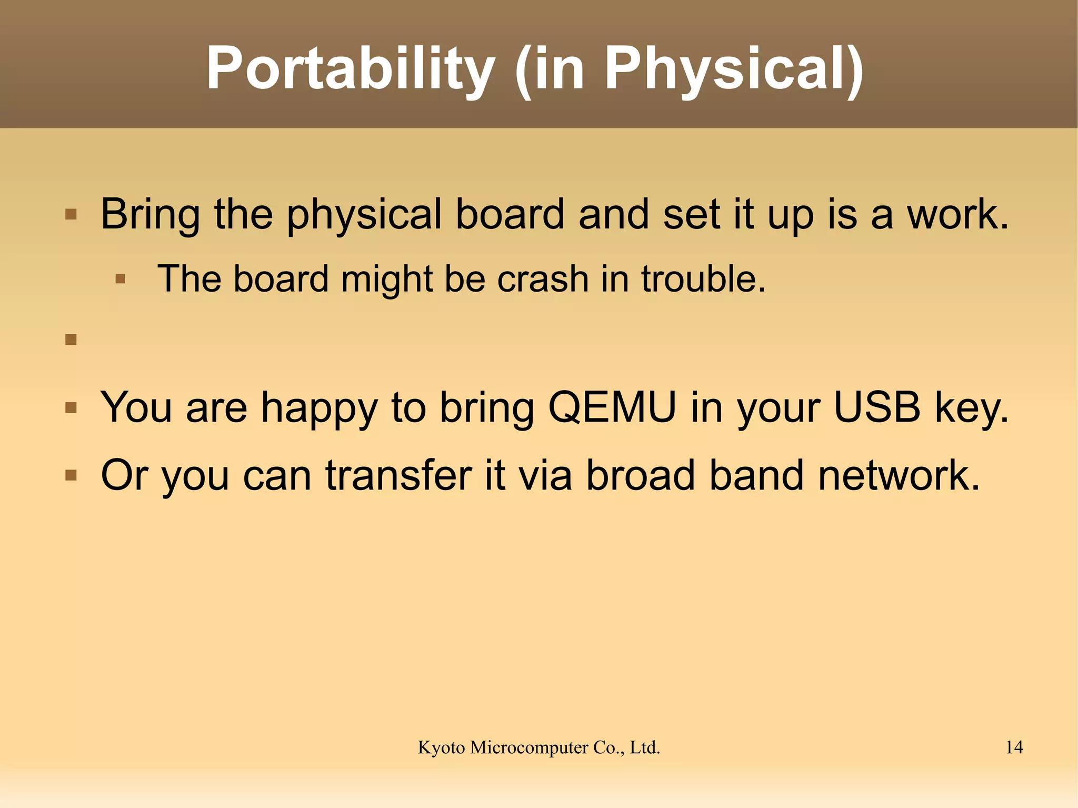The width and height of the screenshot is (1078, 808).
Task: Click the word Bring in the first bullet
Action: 150,215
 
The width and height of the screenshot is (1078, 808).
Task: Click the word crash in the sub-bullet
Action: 543,279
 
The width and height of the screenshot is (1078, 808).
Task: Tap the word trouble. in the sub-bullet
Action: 703,279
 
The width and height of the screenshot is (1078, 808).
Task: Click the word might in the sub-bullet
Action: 387,279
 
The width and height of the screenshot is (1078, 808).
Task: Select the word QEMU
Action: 612,407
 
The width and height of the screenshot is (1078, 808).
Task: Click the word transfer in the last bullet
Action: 398,475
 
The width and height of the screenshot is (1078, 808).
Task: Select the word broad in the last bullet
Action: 641,475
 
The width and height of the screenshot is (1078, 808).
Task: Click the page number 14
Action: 1014,747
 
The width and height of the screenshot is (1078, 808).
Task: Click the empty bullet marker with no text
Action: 71,340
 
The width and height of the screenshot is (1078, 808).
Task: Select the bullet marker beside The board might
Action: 121,279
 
